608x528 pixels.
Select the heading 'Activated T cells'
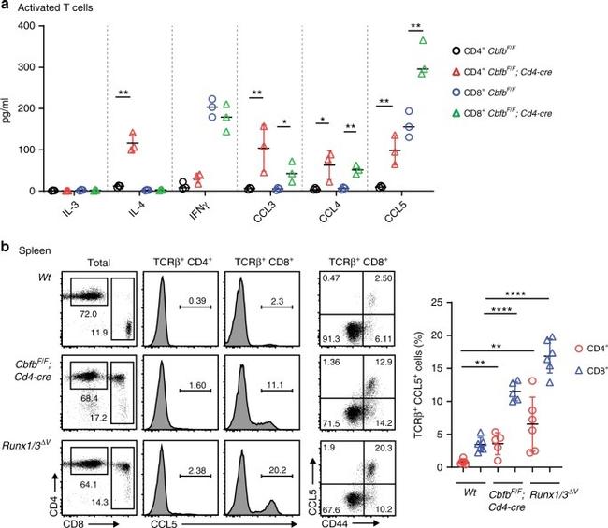coord(55,9)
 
